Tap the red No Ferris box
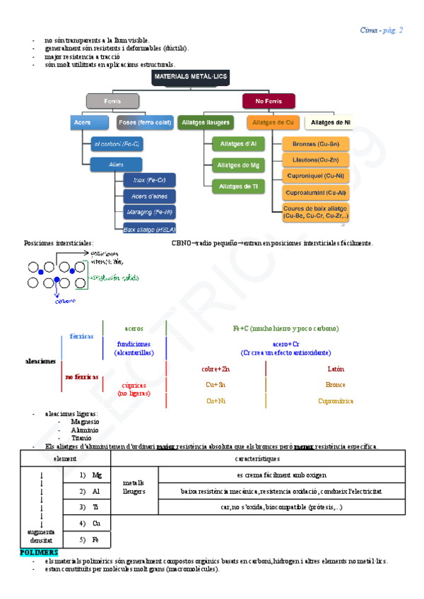[x=269, y=102]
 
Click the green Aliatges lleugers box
[x=206, y=122]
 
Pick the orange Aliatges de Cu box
[x=272, y=122]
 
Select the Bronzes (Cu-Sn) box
[x=315, y=144]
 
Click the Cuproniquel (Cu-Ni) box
[x=315, y=175]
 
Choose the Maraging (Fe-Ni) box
[x=149, y=212]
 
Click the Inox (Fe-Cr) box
[x=149, y=180]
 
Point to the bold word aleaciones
[x=40, y=361]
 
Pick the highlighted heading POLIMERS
[x=40, y=552]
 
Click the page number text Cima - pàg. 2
[x=381, y=30]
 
